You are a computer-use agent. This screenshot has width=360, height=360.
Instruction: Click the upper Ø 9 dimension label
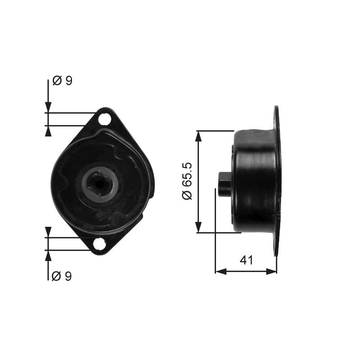coord(62,81)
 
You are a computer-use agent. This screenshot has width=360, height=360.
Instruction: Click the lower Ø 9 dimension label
coord(62,275)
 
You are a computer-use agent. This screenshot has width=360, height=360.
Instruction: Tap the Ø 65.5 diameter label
coord(187,181)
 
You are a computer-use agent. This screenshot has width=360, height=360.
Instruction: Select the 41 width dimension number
coord(246,260)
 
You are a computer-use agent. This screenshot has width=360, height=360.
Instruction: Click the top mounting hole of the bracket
coord(104,119)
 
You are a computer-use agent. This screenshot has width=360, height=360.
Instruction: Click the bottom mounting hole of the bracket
coord(99,244)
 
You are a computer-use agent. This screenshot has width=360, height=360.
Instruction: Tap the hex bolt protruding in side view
coord(225,184)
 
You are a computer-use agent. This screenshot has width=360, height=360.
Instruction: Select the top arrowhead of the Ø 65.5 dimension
coord(198,135)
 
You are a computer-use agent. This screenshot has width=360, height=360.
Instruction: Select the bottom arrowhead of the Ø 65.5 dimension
coord(198,228)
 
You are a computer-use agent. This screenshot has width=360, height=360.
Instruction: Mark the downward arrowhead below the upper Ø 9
coord(48,108)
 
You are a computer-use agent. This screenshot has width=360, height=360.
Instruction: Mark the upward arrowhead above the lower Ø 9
coord(48,255)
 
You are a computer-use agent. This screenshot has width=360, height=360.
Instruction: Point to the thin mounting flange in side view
coord(276,180)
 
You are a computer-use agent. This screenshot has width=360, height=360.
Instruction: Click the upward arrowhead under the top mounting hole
coord(48,130)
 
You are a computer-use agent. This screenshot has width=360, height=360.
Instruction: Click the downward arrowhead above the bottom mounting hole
coord(48,232)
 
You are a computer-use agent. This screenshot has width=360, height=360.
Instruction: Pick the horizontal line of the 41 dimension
coord(246,271)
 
